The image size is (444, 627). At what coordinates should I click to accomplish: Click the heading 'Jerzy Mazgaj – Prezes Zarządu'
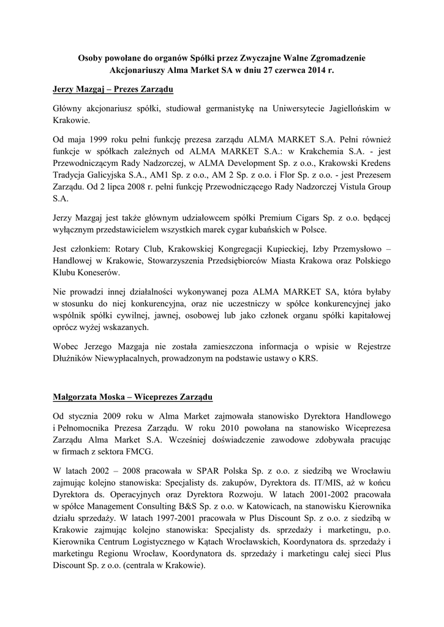[113, 90]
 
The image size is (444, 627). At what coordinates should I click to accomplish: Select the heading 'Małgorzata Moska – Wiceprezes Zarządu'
[132, 397]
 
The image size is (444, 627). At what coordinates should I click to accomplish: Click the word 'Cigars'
[287, 218]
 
